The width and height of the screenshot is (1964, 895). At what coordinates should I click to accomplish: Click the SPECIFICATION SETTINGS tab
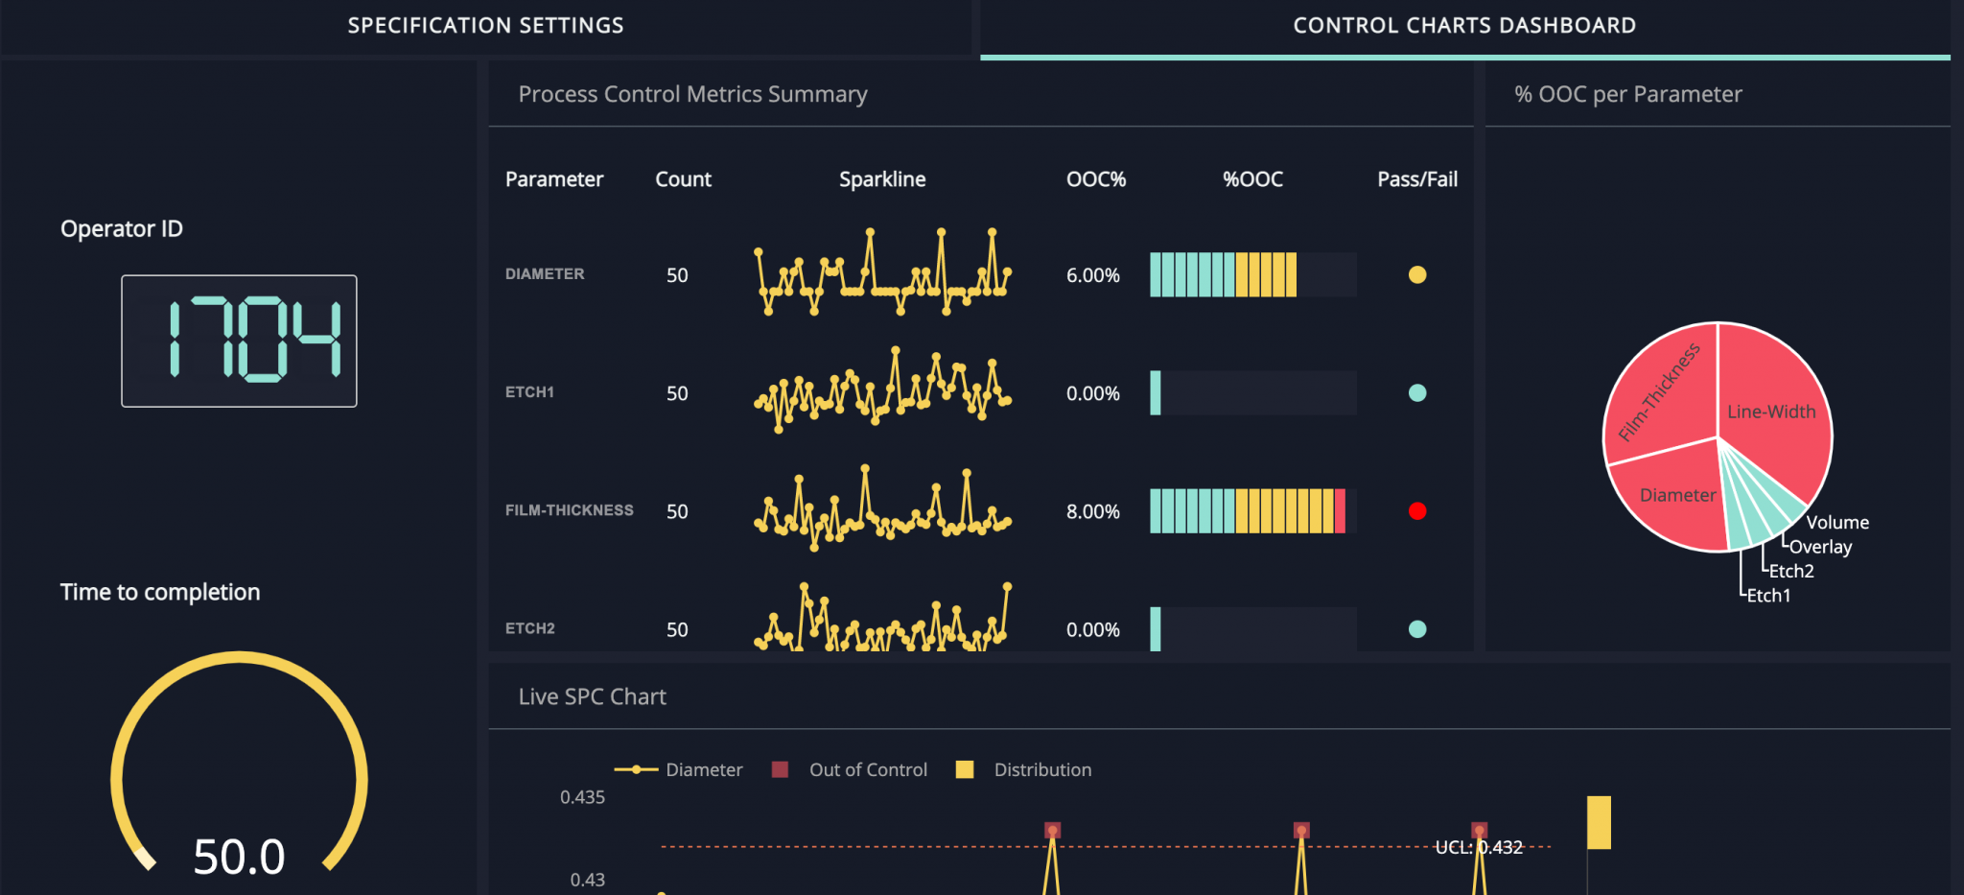coord(485,26)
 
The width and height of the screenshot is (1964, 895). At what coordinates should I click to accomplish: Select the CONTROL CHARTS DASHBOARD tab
coord(1464,26)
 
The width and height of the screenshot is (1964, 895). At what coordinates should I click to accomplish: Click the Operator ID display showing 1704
coord(239,341)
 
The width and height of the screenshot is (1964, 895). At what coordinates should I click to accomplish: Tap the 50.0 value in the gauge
coord(239,856)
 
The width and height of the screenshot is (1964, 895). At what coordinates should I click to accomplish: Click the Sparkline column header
coord(882,179)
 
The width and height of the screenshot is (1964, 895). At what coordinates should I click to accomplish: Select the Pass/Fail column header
coord(1416,179)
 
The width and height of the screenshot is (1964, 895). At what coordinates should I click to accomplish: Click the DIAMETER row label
coord(545,274)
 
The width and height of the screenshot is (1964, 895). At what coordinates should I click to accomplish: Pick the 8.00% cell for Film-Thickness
coord(1092,511)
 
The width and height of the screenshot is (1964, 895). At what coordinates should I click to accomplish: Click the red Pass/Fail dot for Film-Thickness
coord(1416,511)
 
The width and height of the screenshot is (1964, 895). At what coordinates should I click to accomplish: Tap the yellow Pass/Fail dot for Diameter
coord(1416,275)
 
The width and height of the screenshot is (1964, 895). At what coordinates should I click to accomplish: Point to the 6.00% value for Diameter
coord(1092,275)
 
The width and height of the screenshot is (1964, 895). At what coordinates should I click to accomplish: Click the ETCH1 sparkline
coord(882,390)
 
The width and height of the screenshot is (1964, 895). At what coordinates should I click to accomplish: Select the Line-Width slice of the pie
coord(1771,412)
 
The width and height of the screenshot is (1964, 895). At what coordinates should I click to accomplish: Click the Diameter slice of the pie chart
coord(1676,495)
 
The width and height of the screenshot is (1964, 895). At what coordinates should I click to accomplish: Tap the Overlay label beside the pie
coord(1820,547)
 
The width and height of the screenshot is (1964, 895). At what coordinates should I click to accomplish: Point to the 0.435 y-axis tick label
coord(582,797)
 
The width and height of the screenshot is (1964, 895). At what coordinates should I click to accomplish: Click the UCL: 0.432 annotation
coord(1478,847)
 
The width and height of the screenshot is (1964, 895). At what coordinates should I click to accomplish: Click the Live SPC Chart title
coord(592,696)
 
